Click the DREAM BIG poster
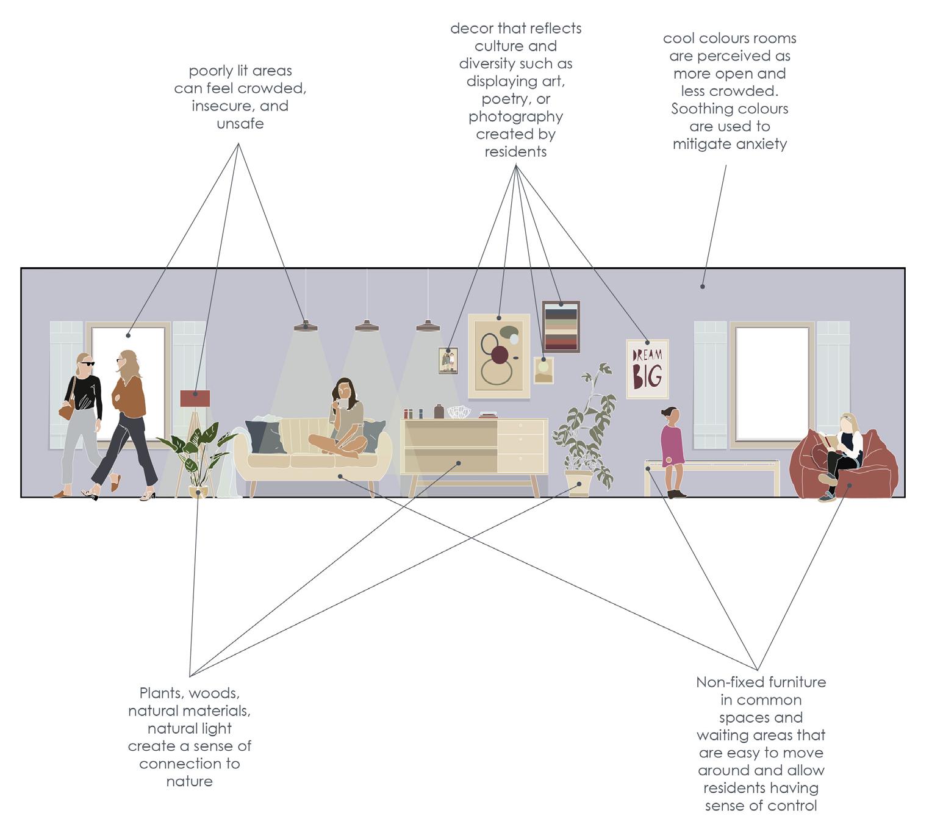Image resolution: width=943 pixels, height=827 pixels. (x=647, y=370)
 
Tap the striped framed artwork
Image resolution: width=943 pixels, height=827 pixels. (x=561, y=327)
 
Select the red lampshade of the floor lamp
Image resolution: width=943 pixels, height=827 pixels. (x=195, y=399)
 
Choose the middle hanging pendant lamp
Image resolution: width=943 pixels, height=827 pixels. (x=367, y=326)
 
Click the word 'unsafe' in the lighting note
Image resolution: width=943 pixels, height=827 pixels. (x=240, y=124)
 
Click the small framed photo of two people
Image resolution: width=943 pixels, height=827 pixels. (x=448, y=360)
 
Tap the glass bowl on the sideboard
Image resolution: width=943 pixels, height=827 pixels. (x=459, y=412)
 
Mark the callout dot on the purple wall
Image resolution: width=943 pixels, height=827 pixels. (x=703, y=286)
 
